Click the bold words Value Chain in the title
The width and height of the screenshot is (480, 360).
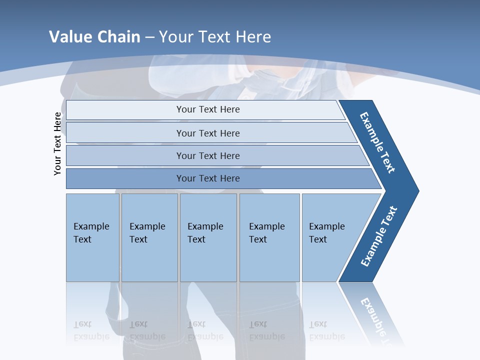tap(94, 37)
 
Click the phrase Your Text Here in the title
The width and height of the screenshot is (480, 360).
tap(215, 37)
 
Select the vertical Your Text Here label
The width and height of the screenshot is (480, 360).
tap(57, 143)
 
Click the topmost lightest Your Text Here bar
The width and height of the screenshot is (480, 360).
tap(207, 109)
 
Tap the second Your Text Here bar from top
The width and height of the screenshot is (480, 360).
tap(207, 133)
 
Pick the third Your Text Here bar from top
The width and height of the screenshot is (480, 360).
tap(207, 155)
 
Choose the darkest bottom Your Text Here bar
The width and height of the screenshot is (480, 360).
tap(207, 178)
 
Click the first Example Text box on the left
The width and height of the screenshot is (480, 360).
tap(92, 233)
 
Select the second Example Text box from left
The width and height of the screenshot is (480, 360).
tap(148, 233)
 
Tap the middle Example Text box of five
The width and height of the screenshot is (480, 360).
tap(207, 233)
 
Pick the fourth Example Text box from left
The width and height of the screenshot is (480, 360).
tap(268, 233)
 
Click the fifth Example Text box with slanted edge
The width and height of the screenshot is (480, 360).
tap(328, 233)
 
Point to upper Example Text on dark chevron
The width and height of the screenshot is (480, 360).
tap(377, 142)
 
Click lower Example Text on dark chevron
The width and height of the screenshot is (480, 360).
tap(379, 236)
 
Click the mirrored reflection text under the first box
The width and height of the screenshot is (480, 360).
tap(91, 330)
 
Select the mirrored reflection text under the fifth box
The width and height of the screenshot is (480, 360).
tap(326, 330)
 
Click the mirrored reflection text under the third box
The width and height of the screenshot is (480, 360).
tap(205, 330)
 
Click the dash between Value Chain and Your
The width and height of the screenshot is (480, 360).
tap(149, 37)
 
